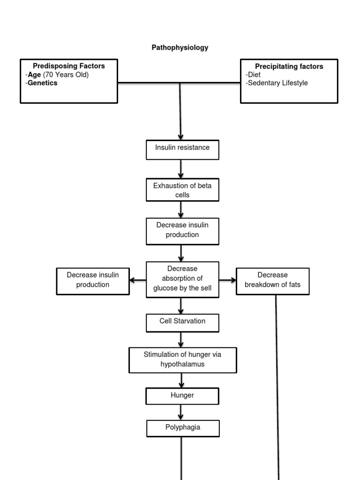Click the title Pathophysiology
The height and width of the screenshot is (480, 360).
coord(180,48)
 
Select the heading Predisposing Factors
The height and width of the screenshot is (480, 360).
coord(69,66)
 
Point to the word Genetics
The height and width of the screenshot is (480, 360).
coord(43,83)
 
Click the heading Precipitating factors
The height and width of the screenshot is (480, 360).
coord(289,66)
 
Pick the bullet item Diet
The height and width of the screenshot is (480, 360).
coord(255,75)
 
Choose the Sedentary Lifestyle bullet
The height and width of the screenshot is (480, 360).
coord(277,83)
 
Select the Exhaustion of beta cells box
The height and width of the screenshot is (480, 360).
coord(182,190)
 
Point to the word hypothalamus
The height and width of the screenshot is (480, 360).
coord(182,364)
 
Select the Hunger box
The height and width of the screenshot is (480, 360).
coord(182,396)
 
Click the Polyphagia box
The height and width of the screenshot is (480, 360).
coord(182,427)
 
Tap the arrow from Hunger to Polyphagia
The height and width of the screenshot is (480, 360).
coord(181,412)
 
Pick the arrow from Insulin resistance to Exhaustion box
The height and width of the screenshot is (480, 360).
coord(181,169)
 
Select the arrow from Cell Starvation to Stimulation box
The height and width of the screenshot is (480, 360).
coord(181,339)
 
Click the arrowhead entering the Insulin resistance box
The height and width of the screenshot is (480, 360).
coord(180,136)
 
